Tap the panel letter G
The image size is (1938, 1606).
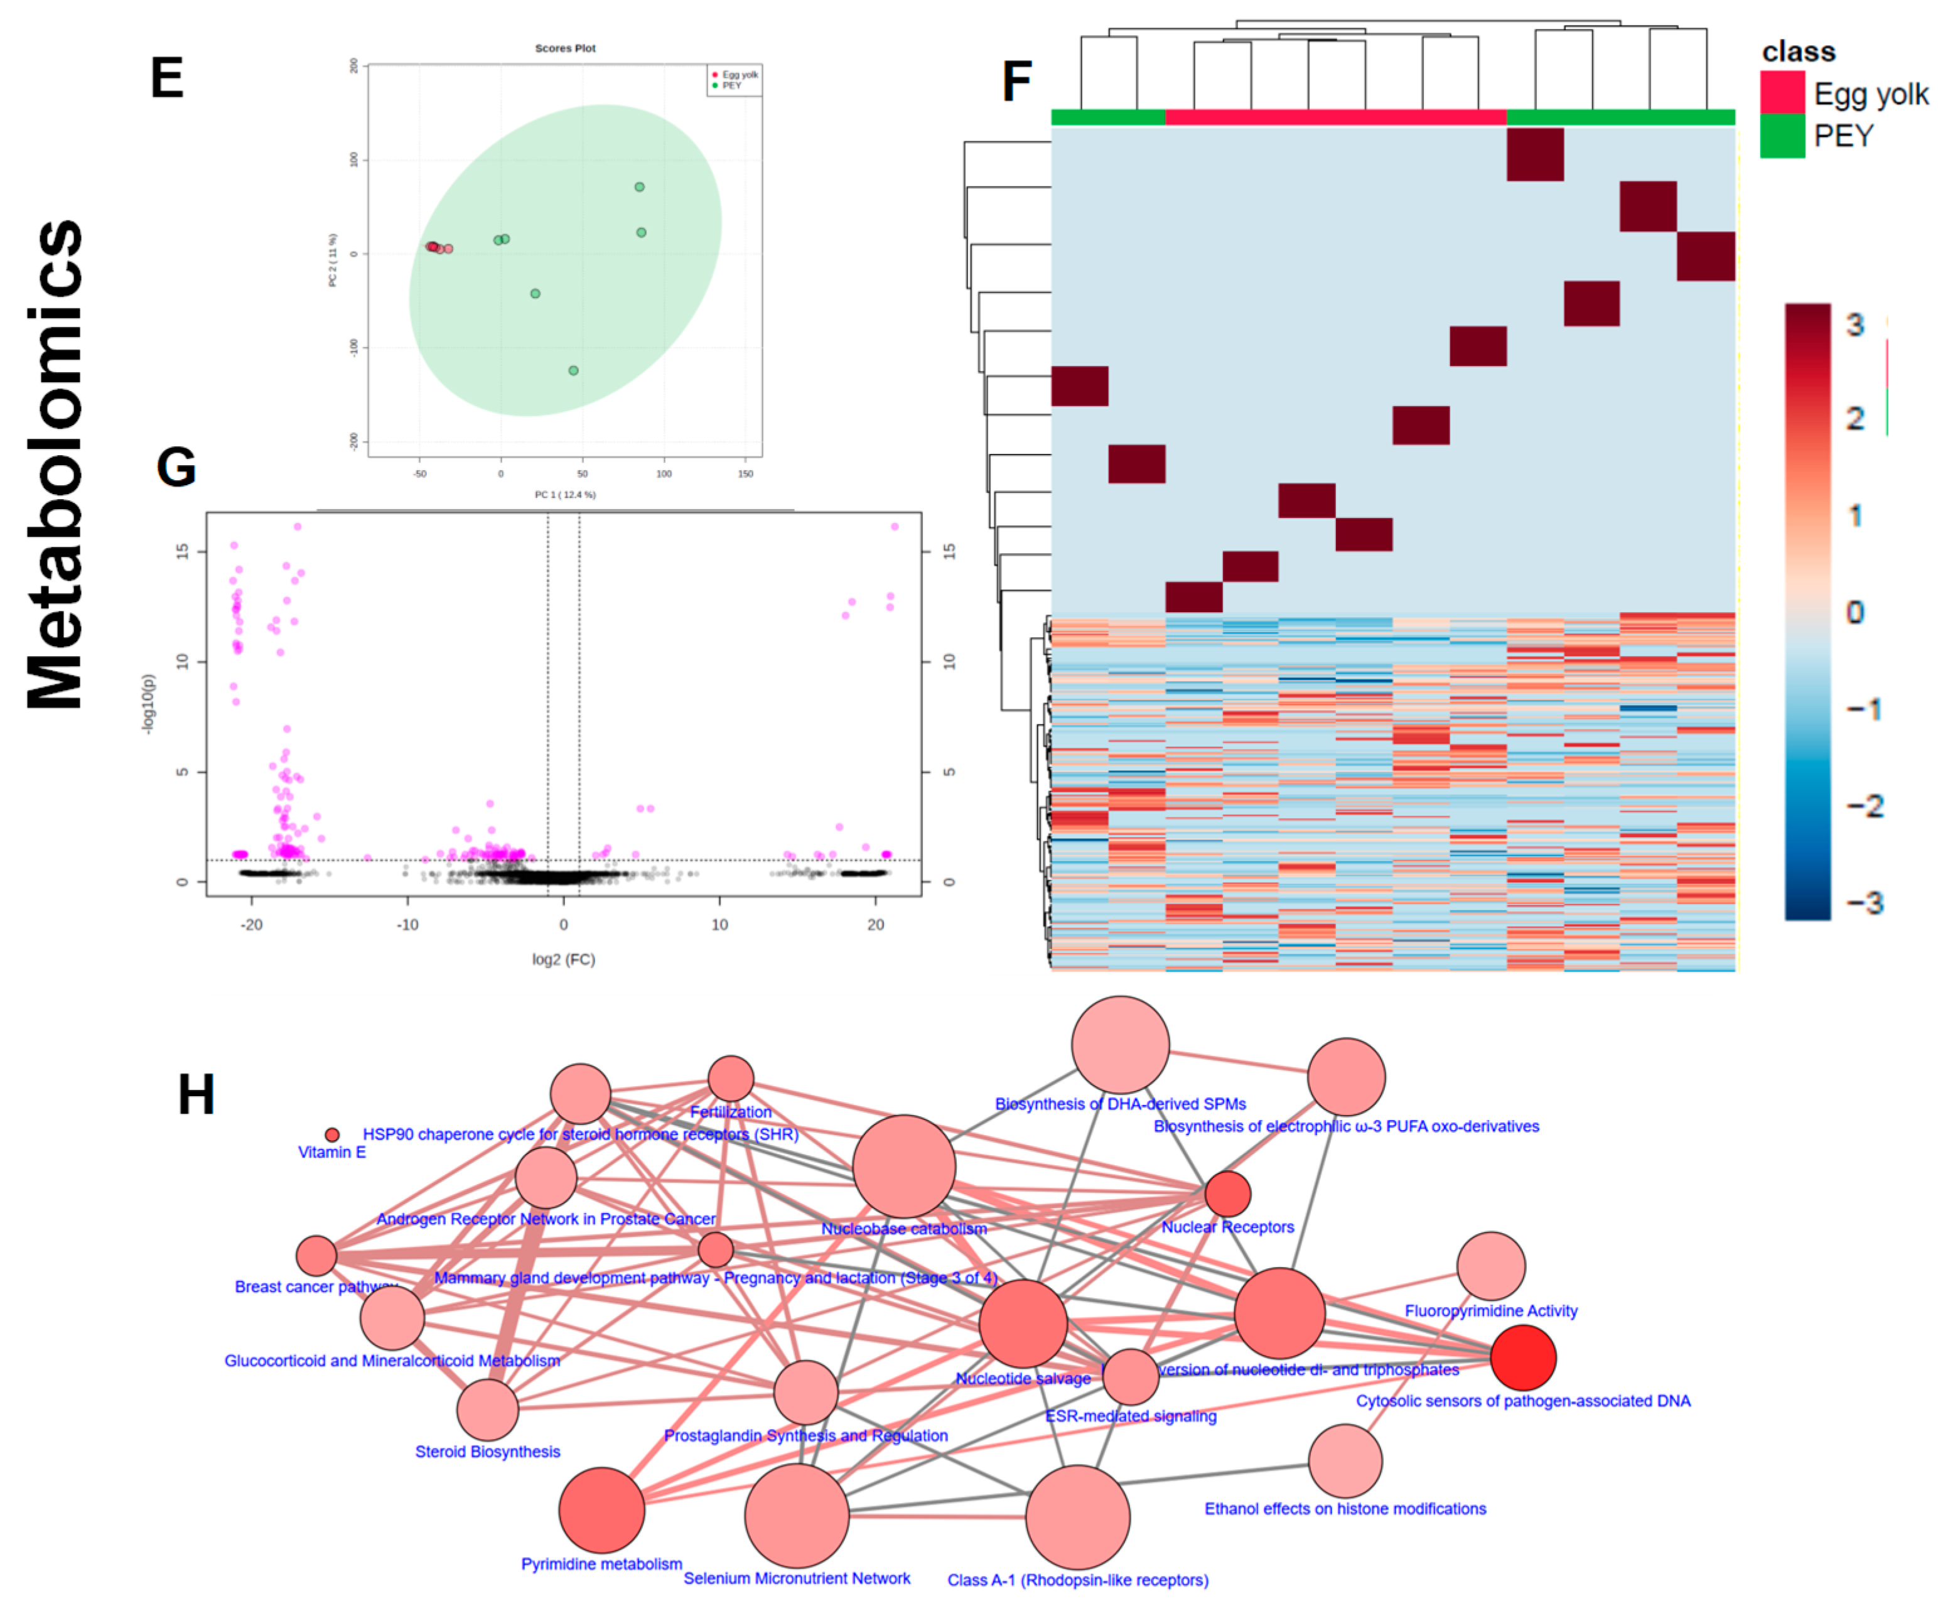tap(176, 467)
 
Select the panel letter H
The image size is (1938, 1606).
tap(196, 1095)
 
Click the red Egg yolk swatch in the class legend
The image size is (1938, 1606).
tap(1781, 92)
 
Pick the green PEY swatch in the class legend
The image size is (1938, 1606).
tap(1781, 136)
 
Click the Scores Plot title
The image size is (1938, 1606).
tap(565, 48)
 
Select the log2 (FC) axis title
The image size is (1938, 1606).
tap(563, 960)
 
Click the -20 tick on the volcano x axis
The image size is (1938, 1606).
tap(251, 925)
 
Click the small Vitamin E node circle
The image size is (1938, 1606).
tap(332, 1134)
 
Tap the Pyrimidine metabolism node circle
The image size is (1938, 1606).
tap(601, 1510)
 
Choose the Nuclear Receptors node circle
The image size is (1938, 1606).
tap(1227, 1194)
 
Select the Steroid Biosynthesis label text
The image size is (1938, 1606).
tap(487, 1452)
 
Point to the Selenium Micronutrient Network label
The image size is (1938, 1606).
tap(797, 1578)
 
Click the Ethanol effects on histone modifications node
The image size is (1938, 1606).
tap(1345, 1461)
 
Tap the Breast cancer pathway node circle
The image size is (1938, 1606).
tap(316, 1255)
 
